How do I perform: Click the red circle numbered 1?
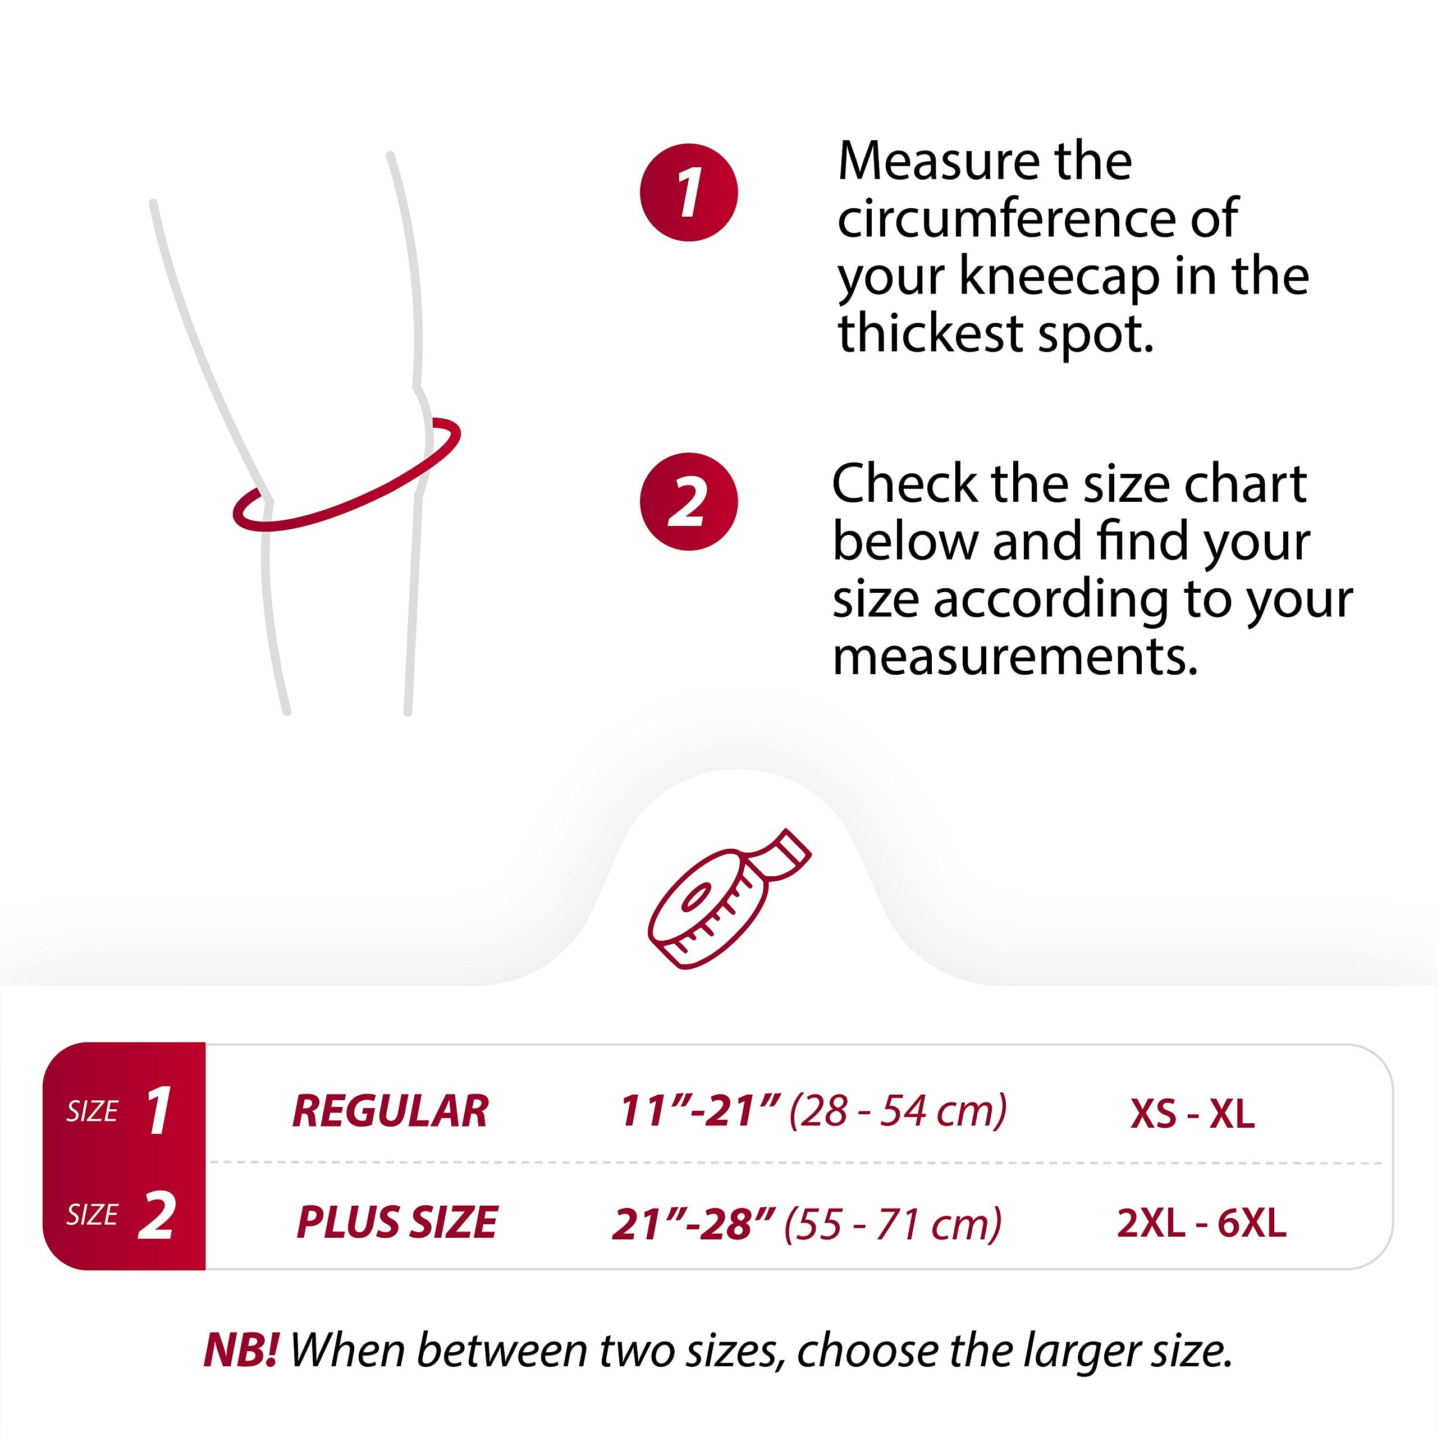(x=689, y=192)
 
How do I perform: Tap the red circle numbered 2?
(x=689, y=501)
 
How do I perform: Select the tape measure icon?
(x=729, y=899)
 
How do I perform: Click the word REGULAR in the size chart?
(x=391, y=1111)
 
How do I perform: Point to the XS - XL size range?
(x=1192, y=1114)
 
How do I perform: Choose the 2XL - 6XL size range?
(x=1201, y=1223)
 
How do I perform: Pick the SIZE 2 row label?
(x=121, y=1215)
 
